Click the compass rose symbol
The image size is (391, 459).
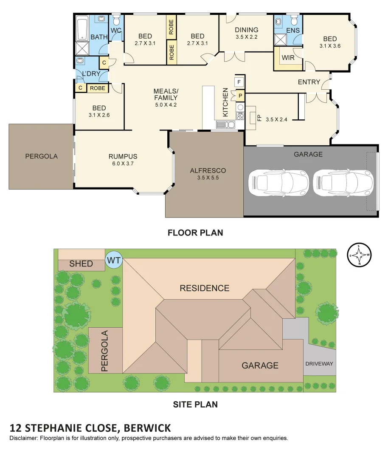click(x=359, y=255)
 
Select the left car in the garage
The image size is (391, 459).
click(x=278, y=183)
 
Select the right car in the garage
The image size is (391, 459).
click(x=343, y=183)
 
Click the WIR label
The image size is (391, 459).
click(x=288, y=58)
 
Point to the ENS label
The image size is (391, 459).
click(x=293, y=31)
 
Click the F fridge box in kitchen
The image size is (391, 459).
click(x=239, y=82)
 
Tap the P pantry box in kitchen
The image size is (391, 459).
click(x=239, y=96)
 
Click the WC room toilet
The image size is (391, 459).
click(x=116, y=20)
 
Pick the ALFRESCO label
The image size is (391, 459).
click(x=208, y=170)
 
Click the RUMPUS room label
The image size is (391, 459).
click(x=123, y=156)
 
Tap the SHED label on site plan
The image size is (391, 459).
click(x=81, y=264)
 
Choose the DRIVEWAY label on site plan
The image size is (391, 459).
click(x=319, y=364)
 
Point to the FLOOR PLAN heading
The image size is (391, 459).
click(x=195, y=232)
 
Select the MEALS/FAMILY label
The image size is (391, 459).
click(x=166, y=94)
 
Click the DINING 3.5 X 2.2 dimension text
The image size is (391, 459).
click(x=247, y=37)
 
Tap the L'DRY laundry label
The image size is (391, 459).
click(x=91, y=74)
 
